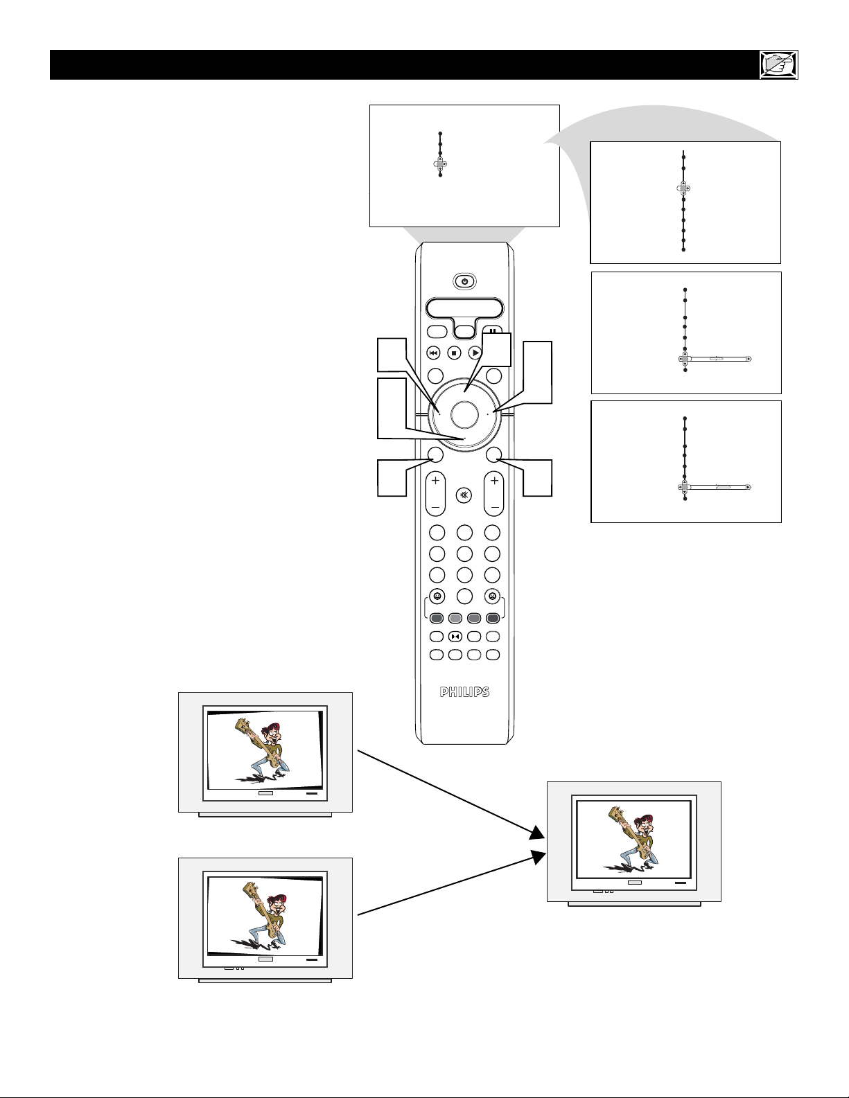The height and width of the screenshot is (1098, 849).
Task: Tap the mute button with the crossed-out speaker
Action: (464, 495)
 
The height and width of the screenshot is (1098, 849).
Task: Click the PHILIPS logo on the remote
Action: (464, 692)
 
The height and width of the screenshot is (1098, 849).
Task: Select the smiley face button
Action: (437, 596)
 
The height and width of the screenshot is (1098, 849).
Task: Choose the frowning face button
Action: (491, 596)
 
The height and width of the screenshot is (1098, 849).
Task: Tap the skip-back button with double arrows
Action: (434, 353)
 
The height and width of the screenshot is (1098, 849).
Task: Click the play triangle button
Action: (475, 353)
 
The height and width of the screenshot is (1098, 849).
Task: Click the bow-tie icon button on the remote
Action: (455, 637)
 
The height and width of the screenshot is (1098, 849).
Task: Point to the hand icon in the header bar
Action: (779, 64)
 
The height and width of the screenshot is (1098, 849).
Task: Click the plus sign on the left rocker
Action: (436, 481)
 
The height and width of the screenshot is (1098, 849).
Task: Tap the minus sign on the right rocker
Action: (495, 507)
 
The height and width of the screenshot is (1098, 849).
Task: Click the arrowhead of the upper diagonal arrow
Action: (538, 833)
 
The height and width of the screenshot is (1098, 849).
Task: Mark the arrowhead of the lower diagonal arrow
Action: (539, 858)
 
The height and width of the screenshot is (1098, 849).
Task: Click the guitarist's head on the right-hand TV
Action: (644, 826)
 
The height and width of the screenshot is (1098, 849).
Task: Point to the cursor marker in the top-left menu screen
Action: (440, 163)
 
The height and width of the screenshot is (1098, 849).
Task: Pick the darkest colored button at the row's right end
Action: (493, 618)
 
